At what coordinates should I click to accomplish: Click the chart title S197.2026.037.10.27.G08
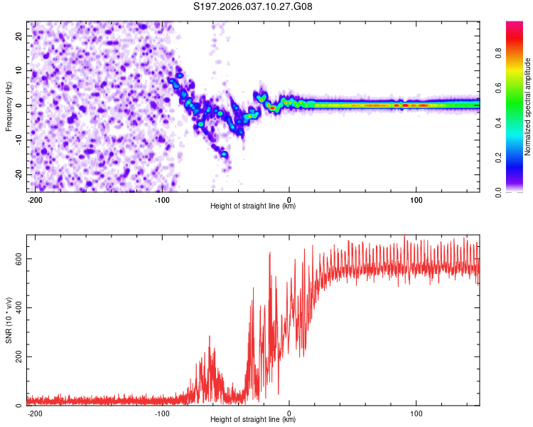click(253, 7)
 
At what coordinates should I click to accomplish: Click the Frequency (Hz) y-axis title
click(9, 107)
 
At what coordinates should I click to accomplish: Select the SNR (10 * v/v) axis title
click(9, 320)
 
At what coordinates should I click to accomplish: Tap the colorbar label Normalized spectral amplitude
click(528, 107)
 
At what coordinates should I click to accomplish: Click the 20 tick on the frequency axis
click(19, 36)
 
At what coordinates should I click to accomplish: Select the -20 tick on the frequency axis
click(18, 174)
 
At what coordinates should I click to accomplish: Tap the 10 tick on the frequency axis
click(19, 70)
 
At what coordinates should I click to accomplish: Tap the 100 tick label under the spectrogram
click(416, 199)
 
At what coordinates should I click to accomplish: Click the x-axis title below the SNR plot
click(253, 420)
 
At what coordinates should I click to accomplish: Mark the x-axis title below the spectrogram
click(253, 206)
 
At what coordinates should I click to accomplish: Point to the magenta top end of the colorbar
click(515, 24)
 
